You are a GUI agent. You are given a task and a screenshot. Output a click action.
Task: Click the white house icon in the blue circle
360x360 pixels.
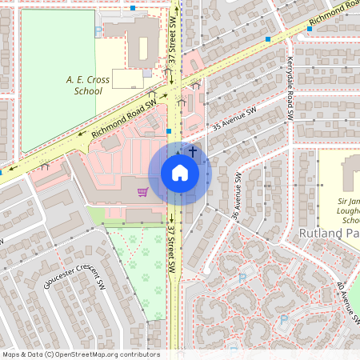(179, 173)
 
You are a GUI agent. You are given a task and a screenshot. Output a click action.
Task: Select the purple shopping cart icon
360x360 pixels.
(142, 192)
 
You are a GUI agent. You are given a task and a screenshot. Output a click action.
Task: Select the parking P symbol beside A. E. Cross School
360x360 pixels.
(98, 30)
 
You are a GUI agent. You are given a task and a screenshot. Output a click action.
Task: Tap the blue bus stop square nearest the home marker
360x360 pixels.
(169, 130)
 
